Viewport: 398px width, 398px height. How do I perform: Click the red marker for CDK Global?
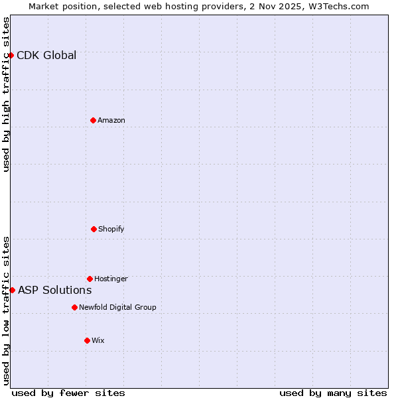coord(11,55)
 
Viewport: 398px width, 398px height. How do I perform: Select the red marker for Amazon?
coord(93,120)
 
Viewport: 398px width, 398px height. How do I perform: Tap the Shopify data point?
coord(94,229)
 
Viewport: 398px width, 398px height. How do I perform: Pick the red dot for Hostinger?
coord(90,279)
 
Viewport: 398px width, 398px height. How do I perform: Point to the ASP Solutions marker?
coord(12,290)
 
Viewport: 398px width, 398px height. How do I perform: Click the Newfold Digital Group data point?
coord(74,307)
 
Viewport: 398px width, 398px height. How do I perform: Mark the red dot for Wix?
coord(87,340)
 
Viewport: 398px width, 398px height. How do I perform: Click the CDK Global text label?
coord(46,55)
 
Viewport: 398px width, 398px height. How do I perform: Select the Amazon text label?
coord(111,120)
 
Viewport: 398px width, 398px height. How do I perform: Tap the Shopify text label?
coord(111,229)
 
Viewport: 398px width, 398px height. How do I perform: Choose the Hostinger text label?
coord(111,279)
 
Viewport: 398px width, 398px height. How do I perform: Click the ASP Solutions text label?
coord(55,290)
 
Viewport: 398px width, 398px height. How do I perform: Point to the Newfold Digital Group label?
coord(117,307)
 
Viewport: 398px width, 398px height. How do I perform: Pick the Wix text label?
coord(98,340)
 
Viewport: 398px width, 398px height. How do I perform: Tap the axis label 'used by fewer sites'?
coord(68,393)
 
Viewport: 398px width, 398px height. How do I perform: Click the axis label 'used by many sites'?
coord(333,393)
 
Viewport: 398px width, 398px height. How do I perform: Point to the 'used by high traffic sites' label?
coord(6,94)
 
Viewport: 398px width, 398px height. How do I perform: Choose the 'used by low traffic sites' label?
coord(6,310)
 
